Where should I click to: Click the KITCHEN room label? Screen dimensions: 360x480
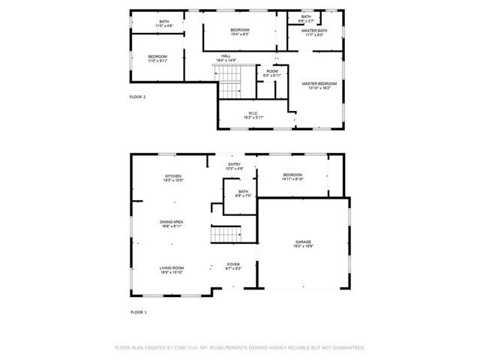174,176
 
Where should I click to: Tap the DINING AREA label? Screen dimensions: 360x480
172,222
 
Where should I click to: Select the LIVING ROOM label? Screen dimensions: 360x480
172,268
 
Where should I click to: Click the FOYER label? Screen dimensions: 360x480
234,265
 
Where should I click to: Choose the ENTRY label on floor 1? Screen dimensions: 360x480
235,165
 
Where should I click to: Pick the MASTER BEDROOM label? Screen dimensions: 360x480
319,83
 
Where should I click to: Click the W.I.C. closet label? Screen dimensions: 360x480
252,114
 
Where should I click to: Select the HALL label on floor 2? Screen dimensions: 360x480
226,56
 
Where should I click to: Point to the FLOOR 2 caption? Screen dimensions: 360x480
137,97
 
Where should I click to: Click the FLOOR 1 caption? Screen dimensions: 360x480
138,311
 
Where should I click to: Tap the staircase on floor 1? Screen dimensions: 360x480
224,234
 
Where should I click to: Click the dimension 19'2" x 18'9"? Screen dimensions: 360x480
303,247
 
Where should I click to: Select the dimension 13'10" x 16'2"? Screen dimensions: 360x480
319,88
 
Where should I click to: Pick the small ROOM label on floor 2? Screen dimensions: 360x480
271,72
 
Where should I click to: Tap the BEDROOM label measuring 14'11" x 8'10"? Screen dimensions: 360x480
292,175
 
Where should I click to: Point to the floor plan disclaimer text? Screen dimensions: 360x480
239,348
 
